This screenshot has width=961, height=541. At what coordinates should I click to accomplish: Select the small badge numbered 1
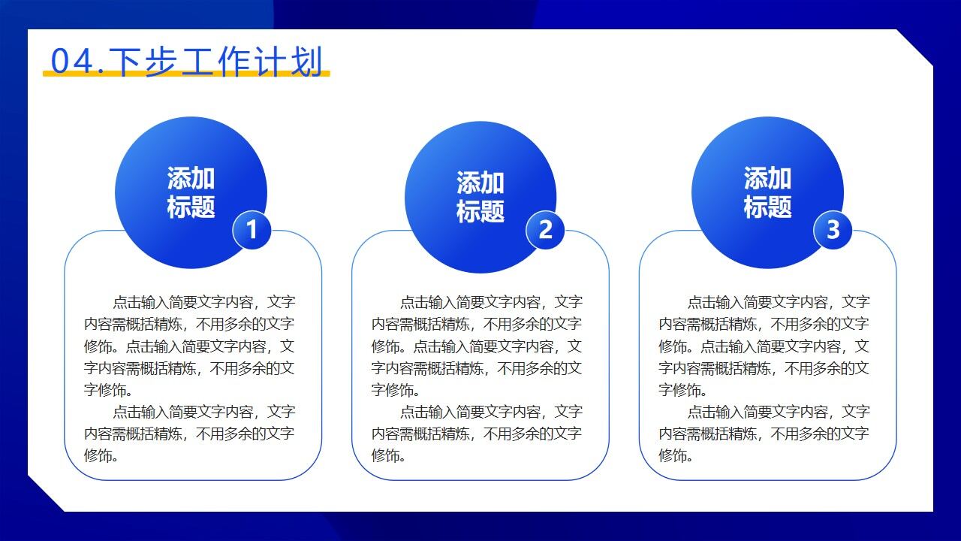[252, 229]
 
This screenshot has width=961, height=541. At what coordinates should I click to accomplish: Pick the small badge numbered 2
[545, 229]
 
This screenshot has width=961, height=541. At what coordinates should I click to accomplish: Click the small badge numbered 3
[833, 229]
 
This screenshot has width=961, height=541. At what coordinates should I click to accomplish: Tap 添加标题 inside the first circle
[191, 192]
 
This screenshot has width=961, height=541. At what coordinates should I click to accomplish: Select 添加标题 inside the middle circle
[480, 197]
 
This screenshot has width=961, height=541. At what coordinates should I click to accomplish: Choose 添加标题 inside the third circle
[767, 192]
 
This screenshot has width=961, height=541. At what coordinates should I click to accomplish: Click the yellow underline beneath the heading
[186, 74]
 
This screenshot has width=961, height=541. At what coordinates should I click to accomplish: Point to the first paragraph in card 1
[189, 346]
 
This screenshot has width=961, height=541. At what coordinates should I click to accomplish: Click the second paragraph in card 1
[189, 434]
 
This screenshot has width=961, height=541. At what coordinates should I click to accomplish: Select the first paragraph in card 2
[477, 346]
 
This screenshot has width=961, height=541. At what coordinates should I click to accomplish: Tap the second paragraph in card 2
[477, 434]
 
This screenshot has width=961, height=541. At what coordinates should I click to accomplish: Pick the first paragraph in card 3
[764, 346]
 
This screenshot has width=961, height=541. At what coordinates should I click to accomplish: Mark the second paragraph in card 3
[764, 434]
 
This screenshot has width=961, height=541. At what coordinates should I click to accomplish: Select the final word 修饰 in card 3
[673, 455]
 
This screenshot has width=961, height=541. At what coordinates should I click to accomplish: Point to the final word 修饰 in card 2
[385, 455]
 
